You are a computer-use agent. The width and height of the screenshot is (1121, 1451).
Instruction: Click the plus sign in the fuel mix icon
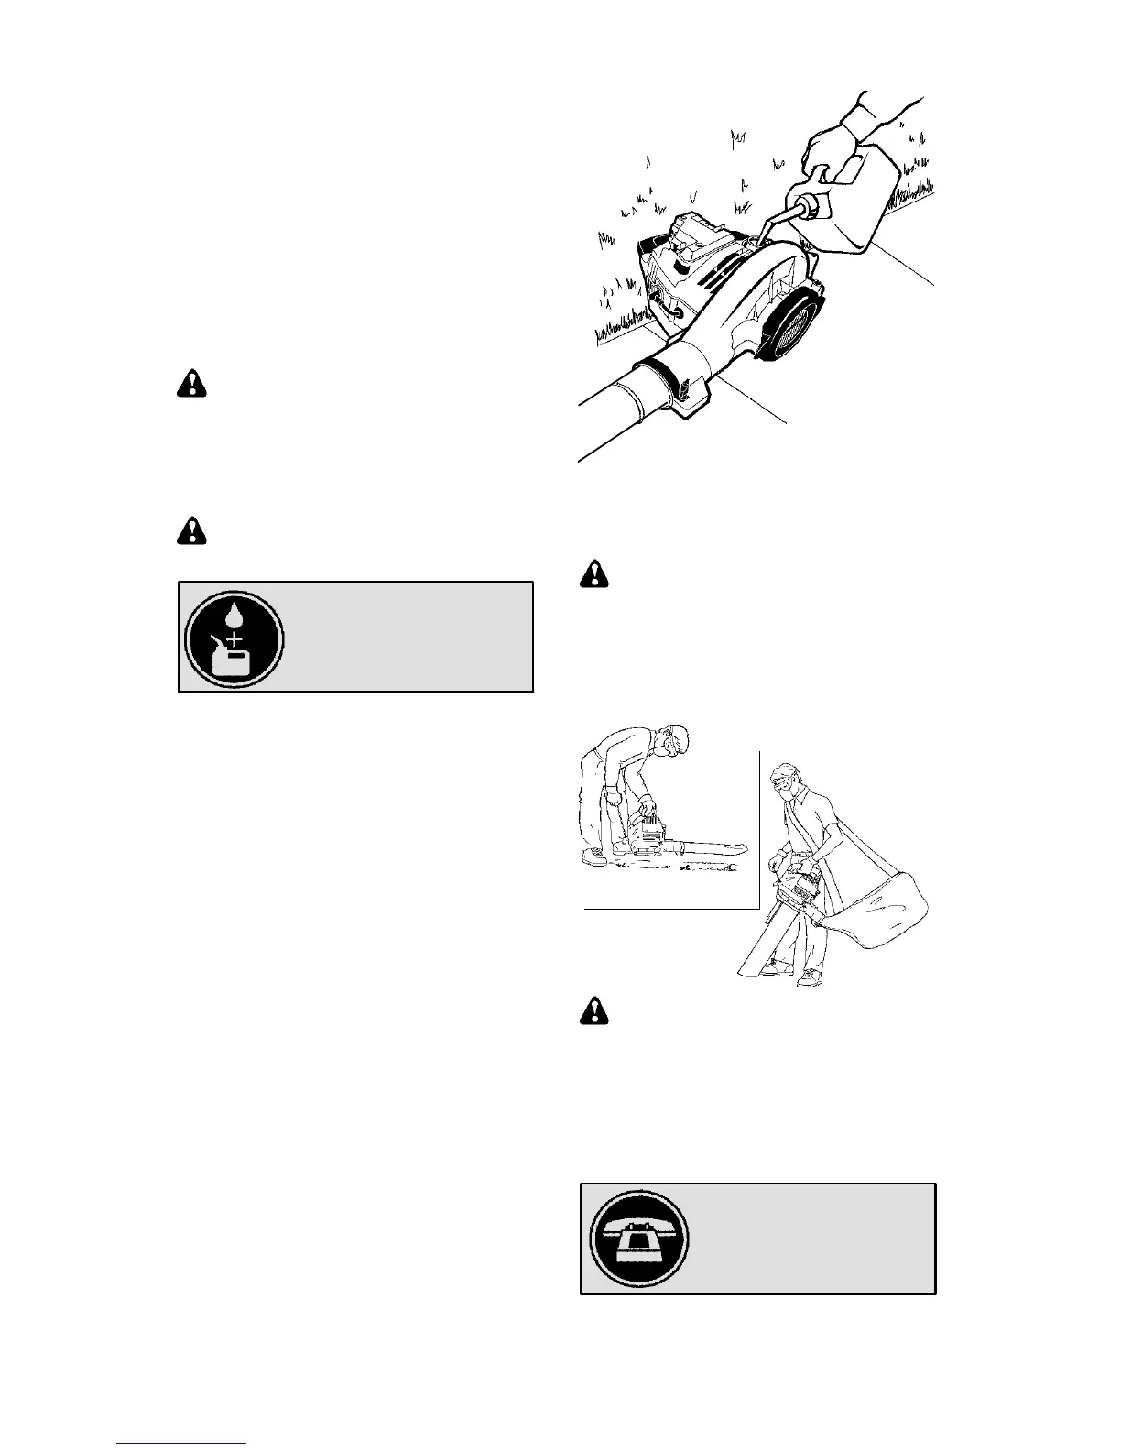tap(234, 637)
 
